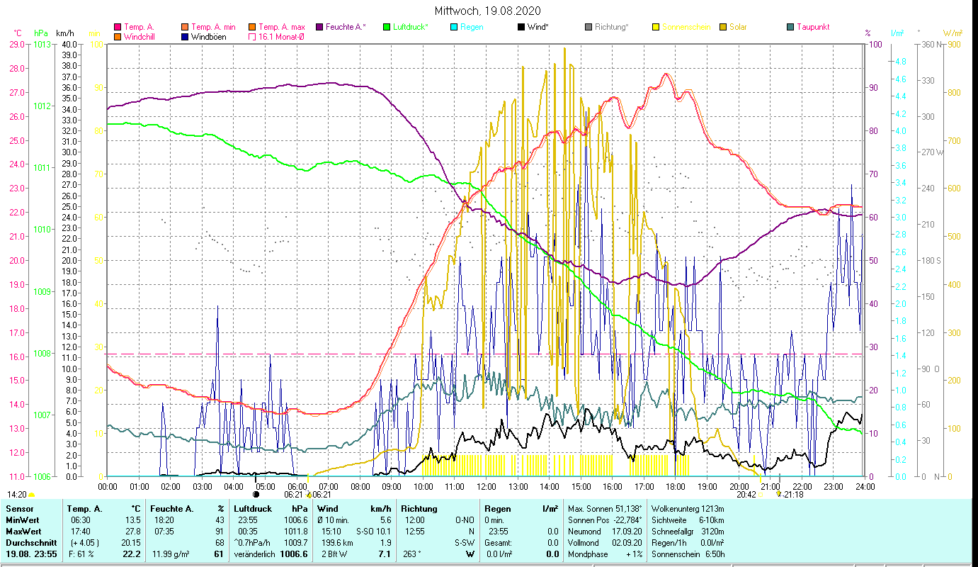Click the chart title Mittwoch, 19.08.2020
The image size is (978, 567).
click(487, 11)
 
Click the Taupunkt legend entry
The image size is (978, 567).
click(812, 27)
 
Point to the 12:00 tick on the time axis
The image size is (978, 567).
click(487, 487)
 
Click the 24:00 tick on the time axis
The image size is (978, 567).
click(865, 487)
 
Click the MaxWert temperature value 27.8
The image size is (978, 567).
click(132, 531)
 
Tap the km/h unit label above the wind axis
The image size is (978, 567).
click(64, 33)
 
